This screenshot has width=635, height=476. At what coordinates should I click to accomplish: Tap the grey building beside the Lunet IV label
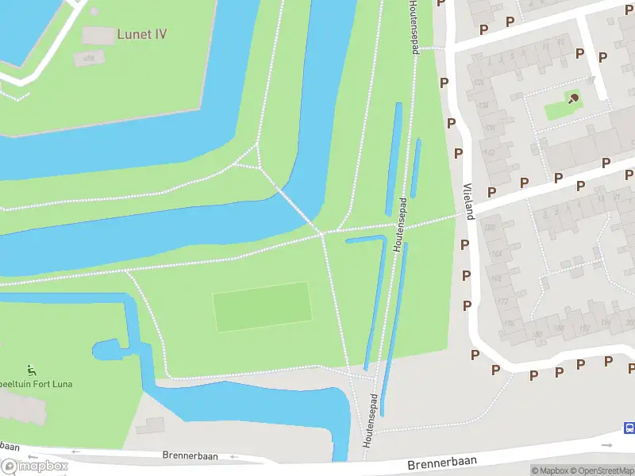click(98, 35)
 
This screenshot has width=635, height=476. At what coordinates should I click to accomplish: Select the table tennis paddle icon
click(573, 98)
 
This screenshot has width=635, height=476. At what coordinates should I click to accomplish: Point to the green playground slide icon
click(31, 370)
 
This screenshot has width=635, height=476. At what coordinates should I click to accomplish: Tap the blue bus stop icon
click(629, 428)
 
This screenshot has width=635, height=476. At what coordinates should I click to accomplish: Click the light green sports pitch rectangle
click(262, 307)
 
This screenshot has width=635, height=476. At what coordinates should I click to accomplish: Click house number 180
click(537, 334)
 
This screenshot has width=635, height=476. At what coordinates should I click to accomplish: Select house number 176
click(509, 324)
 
